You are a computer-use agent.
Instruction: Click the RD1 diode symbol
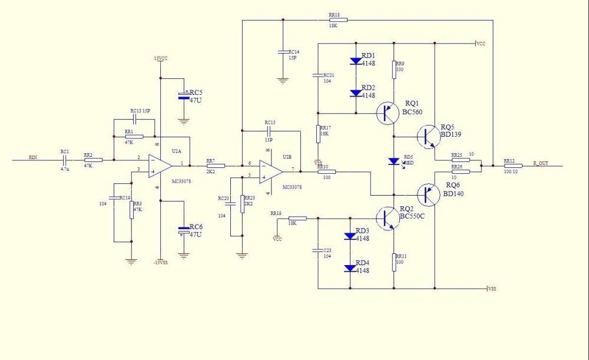(355, 61)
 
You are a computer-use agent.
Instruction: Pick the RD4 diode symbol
(350, 267)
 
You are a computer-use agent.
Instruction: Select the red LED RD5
(393, 161)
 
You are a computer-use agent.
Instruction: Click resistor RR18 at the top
(338, 19)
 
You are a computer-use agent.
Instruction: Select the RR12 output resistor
(509, 166)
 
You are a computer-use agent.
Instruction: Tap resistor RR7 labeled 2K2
(216, 166)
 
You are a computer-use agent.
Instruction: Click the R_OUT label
(540, 163)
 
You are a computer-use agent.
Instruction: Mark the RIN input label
(33, 157)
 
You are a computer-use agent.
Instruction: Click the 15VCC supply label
(161, 58)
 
